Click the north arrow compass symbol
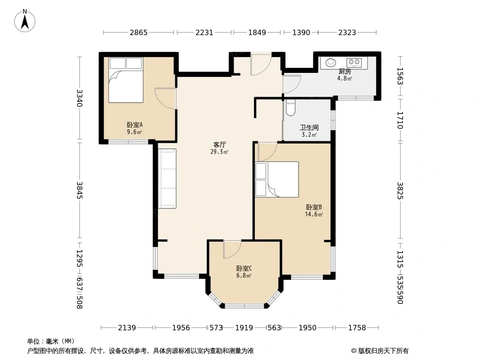click(25, 21)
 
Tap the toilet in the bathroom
click(290, 108)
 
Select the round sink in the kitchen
click(331, 63)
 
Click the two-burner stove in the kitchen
click(354, 63)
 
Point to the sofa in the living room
click(167, 179)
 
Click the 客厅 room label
click(219, 144)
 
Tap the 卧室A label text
click(135, 125)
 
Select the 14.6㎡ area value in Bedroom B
click(314, 214)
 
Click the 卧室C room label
click(244, 268)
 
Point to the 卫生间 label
click(309, 127)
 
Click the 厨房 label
click(345, 72)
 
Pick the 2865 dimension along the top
click(139, 32)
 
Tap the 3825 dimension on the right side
click(400, 191)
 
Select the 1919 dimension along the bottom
click(244, 328)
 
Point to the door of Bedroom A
click(165, 99)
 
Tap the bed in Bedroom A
click(126, 80)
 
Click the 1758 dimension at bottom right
click(357, 328)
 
